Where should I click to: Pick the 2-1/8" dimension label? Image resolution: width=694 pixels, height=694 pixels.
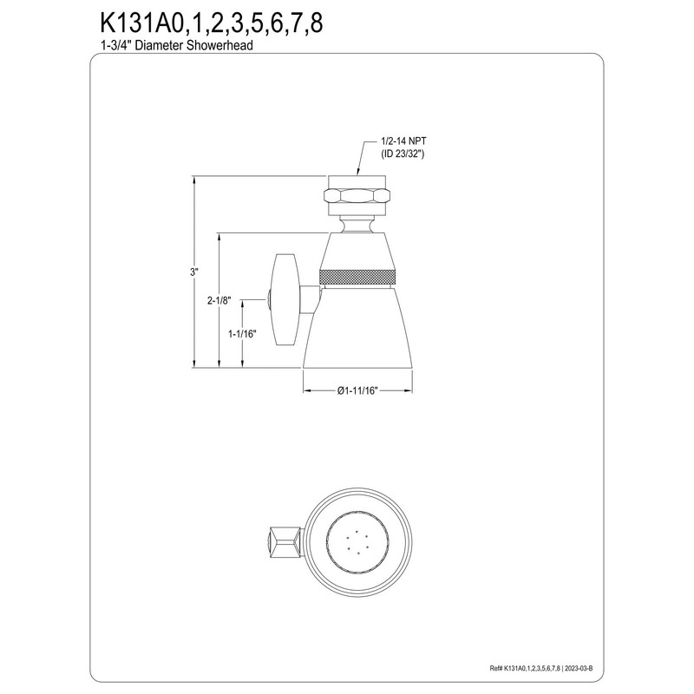coord(219,300)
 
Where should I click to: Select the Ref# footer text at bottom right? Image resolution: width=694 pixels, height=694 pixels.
coord(586,669)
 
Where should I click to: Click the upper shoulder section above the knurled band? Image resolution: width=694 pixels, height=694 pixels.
coord(359,252)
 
